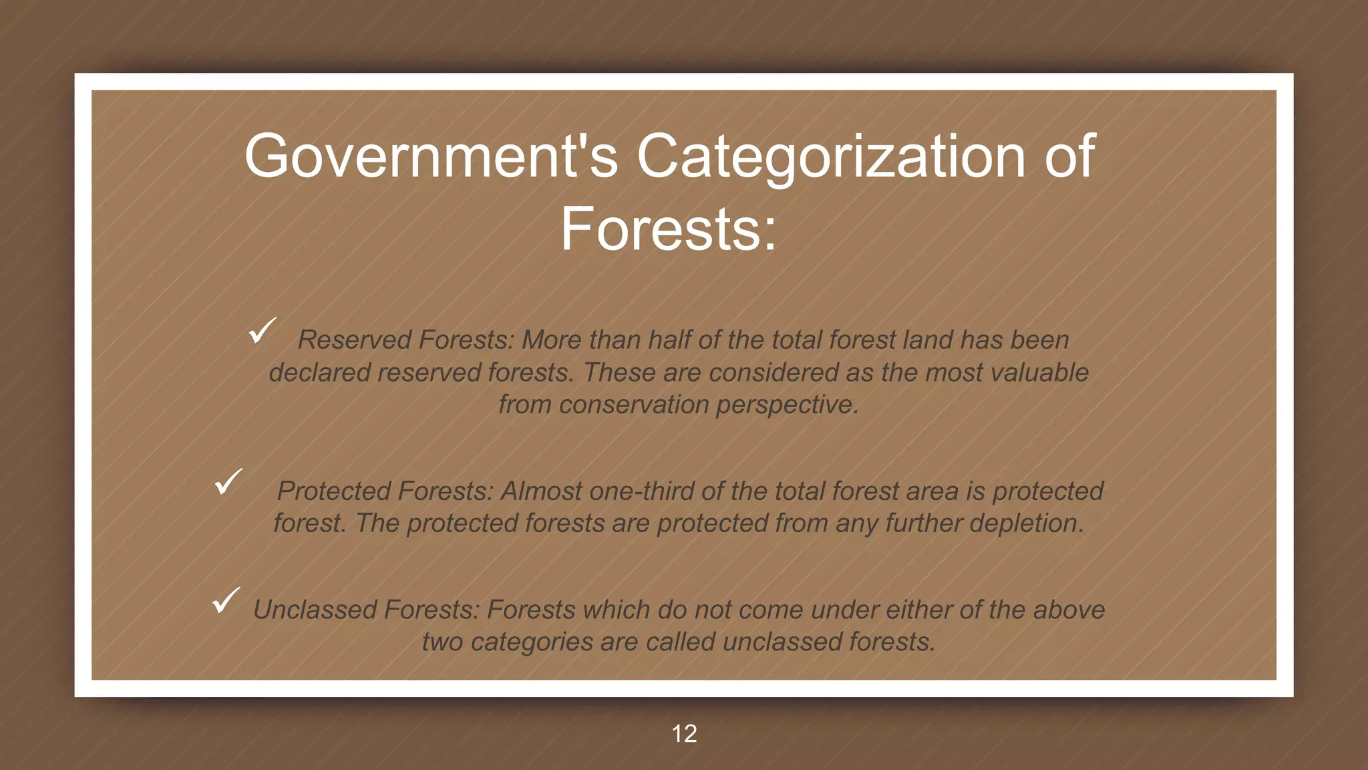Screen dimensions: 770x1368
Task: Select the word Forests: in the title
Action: point(668,229)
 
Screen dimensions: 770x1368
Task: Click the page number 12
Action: point(684,734)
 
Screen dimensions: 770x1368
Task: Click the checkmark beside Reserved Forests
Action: point(262,331)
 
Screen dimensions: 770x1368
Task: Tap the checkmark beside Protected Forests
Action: point(228,481)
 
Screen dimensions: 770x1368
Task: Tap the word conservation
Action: point(634,405)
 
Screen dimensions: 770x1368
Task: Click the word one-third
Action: point(641,491)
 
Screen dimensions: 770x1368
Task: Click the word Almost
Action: point(541,491)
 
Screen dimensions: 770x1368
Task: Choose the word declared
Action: point(319,373)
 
